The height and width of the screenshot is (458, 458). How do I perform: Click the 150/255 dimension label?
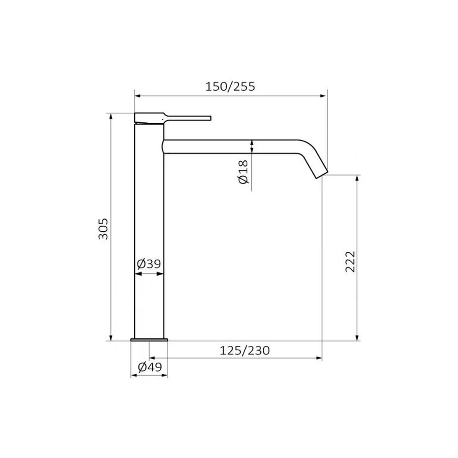pos(230,87)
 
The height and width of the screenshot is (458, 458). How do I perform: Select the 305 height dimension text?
pos(103,229)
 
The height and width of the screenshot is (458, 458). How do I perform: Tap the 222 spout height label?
pos(350,262)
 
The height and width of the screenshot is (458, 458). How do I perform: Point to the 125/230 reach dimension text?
pos(245,350)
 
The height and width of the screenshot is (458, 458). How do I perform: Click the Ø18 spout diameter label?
pos(243,172)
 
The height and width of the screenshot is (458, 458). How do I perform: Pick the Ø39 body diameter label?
pos(149,264)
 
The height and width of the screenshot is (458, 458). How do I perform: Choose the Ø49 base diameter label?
pos(150,367)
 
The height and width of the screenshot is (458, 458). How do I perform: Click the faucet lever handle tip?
pos(210,118)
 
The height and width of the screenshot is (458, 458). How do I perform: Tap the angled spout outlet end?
pos(322,174)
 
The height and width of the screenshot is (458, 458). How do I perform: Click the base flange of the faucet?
pos(149,339)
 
